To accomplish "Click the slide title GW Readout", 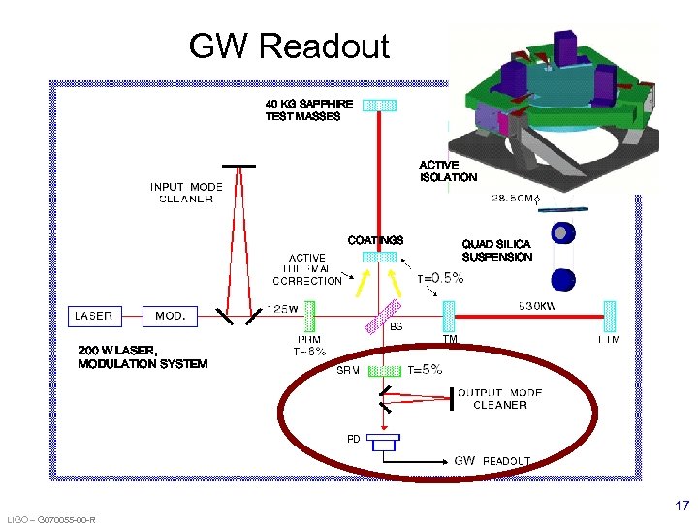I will coord(289,46).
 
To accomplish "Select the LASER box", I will coord(95,316).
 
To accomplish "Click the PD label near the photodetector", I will coord(353,439).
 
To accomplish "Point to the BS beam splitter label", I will coord(396,327).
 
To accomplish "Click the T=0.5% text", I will coord(440,278).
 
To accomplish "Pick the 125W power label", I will coord(283,308).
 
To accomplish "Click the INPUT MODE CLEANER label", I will coord(186,193).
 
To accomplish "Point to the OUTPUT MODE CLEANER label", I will coord(499,399).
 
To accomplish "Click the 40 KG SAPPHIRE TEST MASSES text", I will coord(303,109).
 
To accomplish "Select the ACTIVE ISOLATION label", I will coord(448,171).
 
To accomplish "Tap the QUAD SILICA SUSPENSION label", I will coord(496,251).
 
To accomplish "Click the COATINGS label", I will coord(375,240).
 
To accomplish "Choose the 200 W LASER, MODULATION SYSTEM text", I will coord(143,357).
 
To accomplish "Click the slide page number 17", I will coord(682,506).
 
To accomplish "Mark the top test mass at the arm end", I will coord(379,105).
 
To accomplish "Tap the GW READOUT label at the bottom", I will coord(492,460).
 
